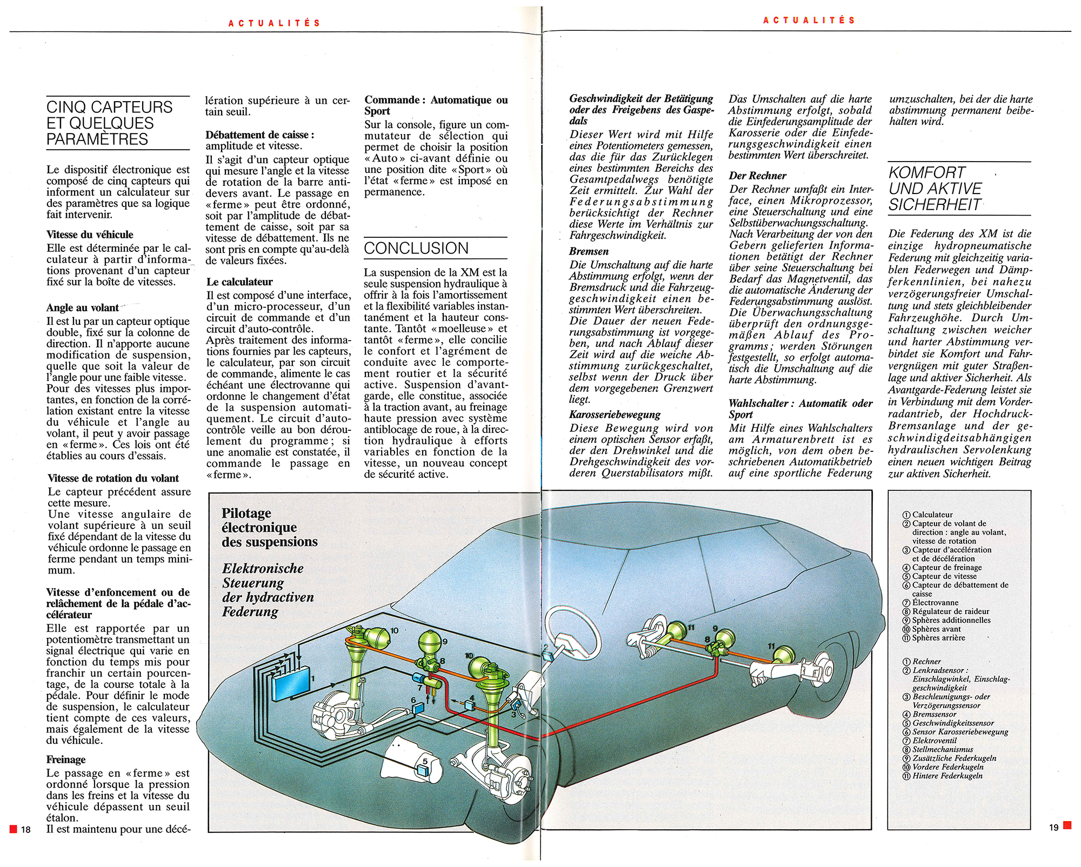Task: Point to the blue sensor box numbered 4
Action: tap(470, 705)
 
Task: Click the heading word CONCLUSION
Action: tap(416, 248)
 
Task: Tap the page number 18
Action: tap(26, 830)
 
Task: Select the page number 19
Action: tap(1053, 828)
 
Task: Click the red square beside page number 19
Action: tap(1067, 825)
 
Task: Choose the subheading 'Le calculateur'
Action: tap(239, 282)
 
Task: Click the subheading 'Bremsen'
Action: tap(589, 251)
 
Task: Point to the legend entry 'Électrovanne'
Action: tap(935, 603)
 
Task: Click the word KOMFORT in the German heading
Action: tap(926, 173)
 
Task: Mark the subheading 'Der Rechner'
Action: tap(757, 176)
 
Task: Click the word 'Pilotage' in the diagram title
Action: tap(246, 513)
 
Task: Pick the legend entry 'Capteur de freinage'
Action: tap(947, 568)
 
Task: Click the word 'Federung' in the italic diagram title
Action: tap(250, 612)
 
